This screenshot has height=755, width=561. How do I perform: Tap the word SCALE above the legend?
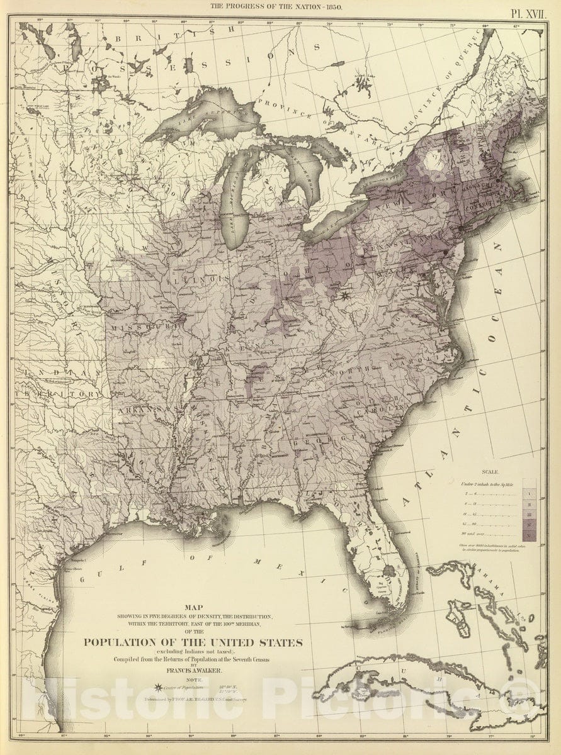[489, 472]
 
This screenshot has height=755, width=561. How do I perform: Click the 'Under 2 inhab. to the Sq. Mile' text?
[488, 483]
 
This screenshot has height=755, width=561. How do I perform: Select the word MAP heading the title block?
[193, 608]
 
